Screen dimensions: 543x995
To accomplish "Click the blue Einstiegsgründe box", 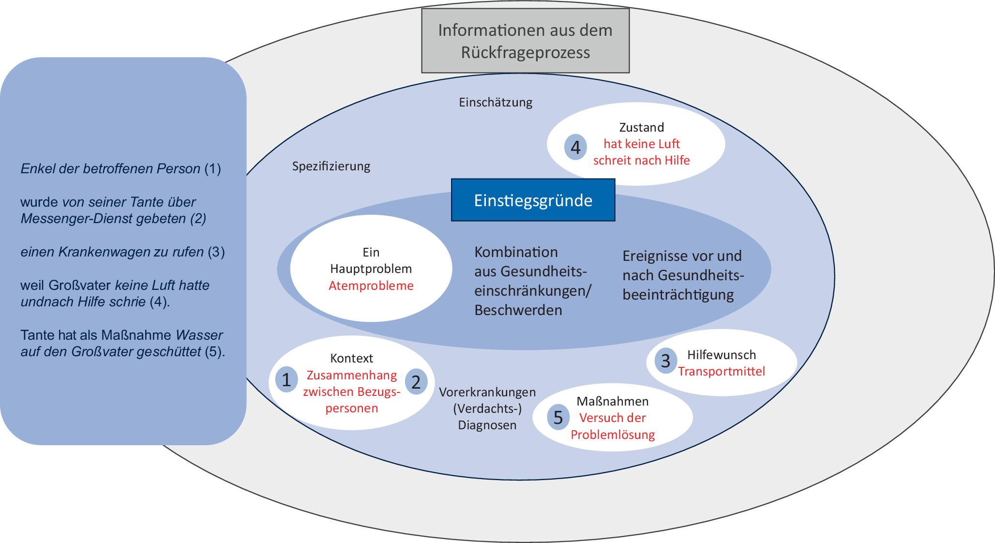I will (x=533, y=200).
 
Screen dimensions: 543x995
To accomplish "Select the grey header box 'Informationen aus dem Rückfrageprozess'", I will (x=525, y=41).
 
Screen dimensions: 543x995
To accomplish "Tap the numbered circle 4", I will (x=575, y=147).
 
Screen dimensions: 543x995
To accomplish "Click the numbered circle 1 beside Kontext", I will (x=286, y=380).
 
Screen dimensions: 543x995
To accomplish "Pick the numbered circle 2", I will (x=416, y=382).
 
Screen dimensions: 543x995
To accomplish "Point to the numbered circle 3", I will (x=665, y=361).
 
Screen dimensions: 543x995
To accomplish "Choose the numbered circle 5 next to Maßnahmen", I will (x=558, y=417).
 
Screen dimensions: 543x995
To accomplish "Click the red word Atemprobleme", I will (x=371, y=286).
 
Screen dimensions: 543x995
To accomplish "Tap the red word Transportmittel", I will (x=721, y=371).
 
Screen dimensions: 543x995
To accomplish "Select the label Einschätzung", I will (x=496, y=102).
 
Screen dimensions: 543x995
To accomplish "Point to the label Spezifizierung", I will (x=331, y=166).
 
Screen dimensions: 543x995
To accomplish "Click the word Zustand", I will (x=641, y=127).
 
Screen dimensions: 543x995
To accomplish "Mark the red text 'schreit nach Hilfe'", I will (x=641, y=160).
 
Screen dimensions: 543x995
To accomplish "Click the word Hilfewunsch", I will (x=721, y=355).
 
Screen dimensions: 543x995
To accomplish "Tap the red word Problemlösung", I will (x=612, y=435).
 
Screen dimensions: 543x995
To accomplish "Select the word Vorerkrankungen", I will (x=487, y=392).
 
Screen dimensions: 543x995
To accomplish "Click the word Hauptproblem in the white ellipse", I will (x=371, y=269).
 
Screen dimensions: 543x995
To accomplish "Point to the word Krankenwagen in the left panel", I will (x=104, y=252).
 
